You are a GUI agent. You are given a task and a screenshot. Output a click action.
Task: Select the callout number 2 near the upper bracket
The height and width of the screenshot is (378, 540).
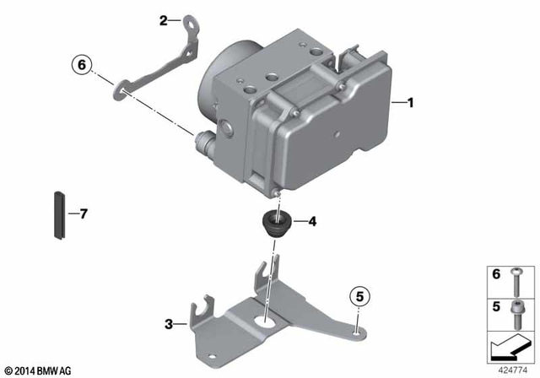point(164,21)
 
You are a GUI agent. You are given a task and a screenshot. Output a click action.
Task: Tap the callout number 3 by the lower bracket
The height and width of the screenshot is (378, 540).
point(169,323)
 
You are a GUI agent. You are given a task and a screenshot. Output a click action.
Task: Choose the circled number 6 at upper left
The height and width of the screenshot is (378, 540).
point(81,64)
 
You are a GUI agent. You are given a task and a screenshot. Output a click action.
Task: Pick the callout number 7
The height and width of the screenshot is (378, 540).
point(83,214)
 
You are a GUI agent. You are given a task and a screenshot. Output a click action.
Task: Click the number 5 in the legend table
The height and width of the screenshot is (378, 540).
point(496,308)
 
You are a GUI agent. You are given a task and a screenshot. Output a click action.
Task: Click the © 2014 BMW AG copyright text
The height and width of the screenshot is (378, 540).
point(39,370)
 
